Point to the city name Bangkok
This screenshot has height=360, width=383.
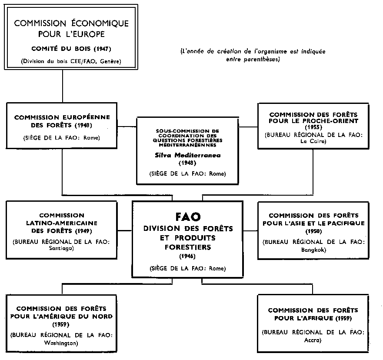pyautogui.click(x=313, y=250)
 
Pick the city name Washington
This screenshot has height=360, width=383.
pyautogui.click(x=61, y=343)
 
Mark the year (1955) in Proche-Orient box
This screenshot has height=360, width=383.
pyautogui.click(x=313, y=128)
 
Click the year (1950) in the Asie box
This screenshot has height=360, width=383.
pyautogui.click(x=313, y=231)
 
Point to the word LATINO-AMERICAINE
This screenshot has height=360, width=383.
pyautogui.click(x=61, y=223)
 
